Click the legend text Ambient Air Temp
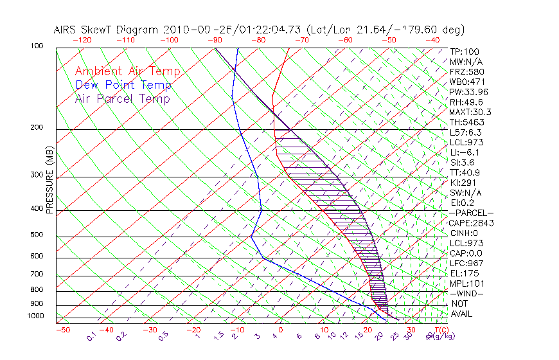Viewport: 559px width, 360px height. point(127,71)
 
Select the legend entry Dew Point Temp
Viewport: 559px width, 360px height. point(123,85)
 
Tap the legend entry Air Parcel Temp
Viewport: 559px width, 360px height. point(122,98)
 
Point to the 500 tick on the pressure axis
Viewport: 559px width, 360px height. point(36,235)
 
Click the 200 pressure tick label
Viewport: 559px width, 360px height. point(36,127)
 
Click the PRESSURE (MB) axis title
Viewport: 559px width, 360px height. point(49,183)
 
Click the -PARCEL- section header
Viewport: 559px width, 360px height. point(471,213)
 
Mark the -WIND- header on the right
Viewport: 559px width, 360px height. point(467,293)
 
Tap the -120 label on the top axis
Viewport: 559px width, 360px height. point(82,40)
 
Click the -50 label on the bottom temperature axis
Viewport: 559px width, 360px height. point(63,330)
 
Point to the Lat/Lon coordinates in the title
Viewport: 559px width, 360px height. point(386,30)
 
